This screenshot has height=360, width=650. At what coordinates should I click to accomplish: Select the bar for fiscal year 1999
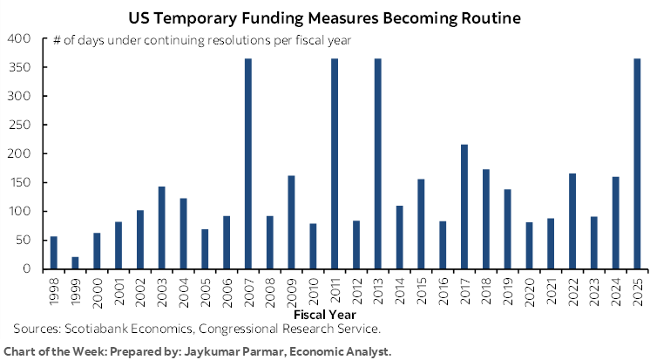point(75,263)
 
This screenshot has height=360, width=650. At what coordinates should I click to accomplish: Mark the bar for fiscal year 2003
point(161,228)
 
